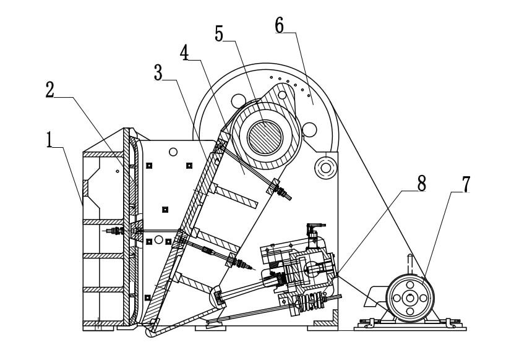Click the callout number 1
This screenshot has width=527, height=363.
click(49, 139)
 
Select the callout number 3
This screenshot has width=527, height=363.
click(158, 72)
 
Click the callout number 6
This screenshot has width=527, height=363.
click(279, 26)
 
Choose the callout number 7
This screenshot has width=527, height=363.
click(465, 184)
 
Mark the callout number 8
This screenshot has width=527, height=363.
click(421, 184)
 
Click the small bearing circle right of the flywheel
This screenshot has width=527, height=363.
click(324, 166)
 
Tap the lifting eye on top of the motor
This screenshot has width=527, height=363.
click(410, 262)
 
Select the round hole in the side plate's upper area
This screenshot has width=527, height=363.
click(173, 152)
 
